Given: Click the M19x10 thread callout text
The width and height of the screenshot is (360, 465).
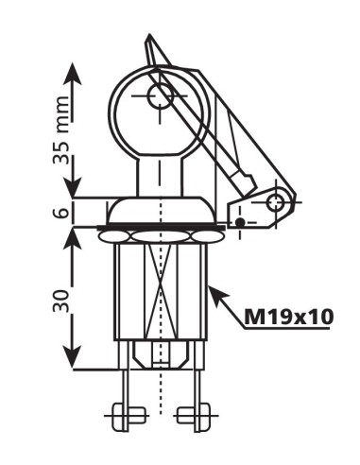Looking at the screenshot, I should (288, 317).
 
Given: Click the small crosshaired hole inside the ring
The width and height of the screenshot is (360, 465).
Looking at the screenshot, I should (159, 94).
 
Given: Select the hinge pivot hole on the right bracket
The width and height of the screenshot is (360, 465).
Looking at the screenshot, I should (275, 201).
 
